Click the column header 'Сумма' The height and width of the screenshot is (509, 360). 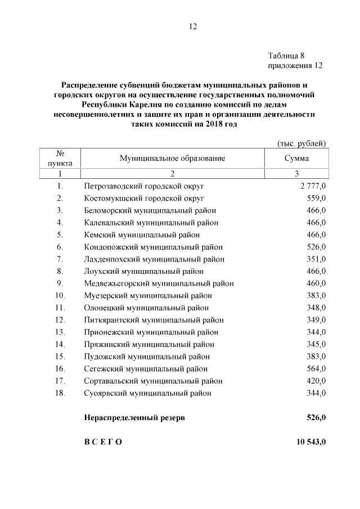coord(296,158)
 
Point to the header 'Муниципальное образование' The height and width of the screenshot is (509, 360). coord(172,158)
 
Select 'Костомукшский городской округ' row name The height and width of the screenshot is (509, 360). coord(144,198)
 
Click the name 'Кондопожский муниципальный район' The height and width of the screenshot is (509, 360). coord(153,247)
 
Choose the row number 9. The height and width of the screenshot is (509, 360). coord(60,283)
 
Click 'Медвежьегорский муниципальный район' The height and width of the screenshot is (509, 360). coord(159,283)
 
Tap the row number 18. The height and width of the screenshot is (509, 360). coord(60,393)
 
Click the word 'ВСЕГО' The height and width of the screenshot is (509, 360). coord(103,443)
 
